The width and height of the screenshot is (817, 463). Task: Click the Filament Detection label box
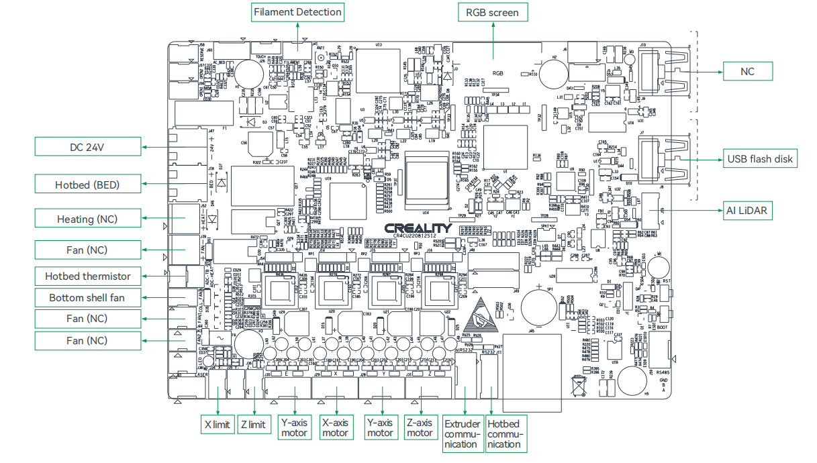coord(297,12)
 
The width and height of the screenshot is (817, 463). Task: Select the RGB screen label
coord(493,12)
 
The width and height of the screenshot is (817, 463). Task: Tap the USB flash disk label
coord(760,159)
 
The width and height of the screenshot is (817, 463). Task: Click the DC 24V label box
coord(87,147)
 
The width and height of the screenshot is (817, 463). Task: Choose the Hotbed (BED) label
coord(87,184)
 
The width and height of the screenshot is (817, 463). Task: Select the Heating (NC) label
coord(87,219)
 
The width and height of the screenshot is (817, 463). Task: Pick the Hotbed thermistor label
coord(87,276)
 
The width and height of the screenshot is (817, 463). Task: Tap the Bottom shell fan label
coord(87,297)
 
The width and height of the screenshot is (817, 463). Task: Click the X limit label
coord(217,424)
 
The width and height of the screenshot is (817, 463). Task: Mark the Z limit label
coord(252,424)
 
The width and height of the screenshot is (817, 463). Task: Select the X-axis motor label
coord(335,428)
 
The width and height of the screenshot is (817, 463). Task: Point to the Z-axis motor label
coord(420,428)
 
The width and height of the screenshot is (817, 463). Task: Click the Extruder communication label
coord(463,433)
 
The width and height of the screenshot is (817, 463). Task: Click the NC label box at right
coord(747,70)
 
